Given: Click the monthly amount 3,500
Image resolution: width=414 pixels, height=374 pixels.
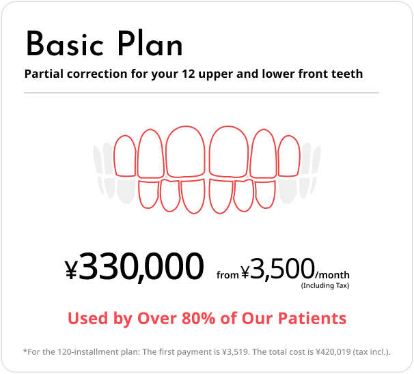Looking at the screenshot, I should tap(282, 268).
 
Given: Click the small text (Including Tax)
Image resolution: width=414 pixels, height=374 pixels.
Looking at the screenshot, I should tap(325, 285).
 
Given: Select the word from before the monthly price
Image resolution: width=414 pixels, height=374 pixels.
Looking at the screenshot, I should tap(227, 275).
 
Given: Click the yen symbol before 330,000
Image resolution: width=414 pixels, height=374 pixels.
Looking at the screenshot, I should tap(72, 271).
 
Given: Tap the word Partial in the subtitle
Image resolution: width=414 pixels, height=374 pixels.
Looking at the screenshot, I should tap(43, 73).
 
